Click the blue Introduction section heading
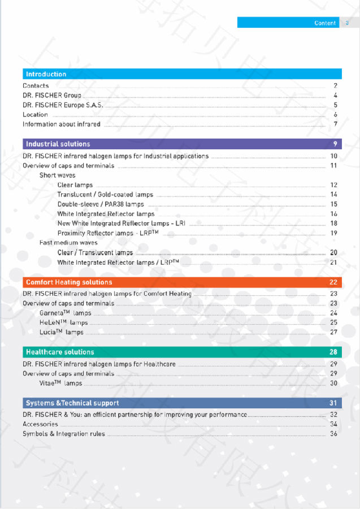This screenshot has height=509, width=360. (x=46, y=74)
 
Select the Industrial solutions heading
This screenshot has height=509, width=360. (x=58, y=144)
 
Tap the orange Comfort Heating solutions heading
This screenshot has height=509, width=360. (x=69, y=282)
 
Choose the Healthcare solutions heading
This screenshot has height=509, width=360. (x=60, y=352)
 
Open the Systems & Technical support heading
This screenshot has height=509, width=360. (x=72, y=403)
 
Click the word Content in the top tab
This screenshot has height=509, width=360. (x=325, y=23)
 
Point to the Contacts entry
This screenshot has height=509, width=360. (x=36, y=86)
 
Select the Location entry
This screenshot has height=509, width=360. (x=36, y=115)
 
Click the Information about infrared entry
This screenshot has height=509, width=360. (x=62, y=124)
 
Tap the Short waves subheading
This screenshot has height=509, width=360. (x=58, y=175)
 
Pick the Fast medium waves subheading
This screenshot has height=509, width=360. (x=68, y=243)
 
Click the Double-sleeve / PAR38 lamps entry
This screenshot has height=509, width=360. (x=101, y=204)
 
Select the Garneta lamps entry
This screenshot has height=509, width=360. (x=65, y=313)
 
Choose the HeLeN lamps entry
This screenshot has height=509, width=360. (x=63, y=322)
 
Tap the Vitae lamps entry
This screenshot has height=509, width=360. (x=60, y=383)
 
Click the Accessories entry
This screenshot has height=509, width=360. (x=40, y=424)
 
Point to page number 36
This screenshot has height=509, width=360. (x=334, y=434)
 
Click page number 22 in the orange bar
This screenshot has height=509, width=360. (x=333, y=282)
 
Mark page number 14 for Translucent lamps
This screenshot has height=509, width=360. (x=334, y=195)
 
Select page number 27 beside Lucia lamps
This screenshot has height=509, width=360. (x=334, y=332)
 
